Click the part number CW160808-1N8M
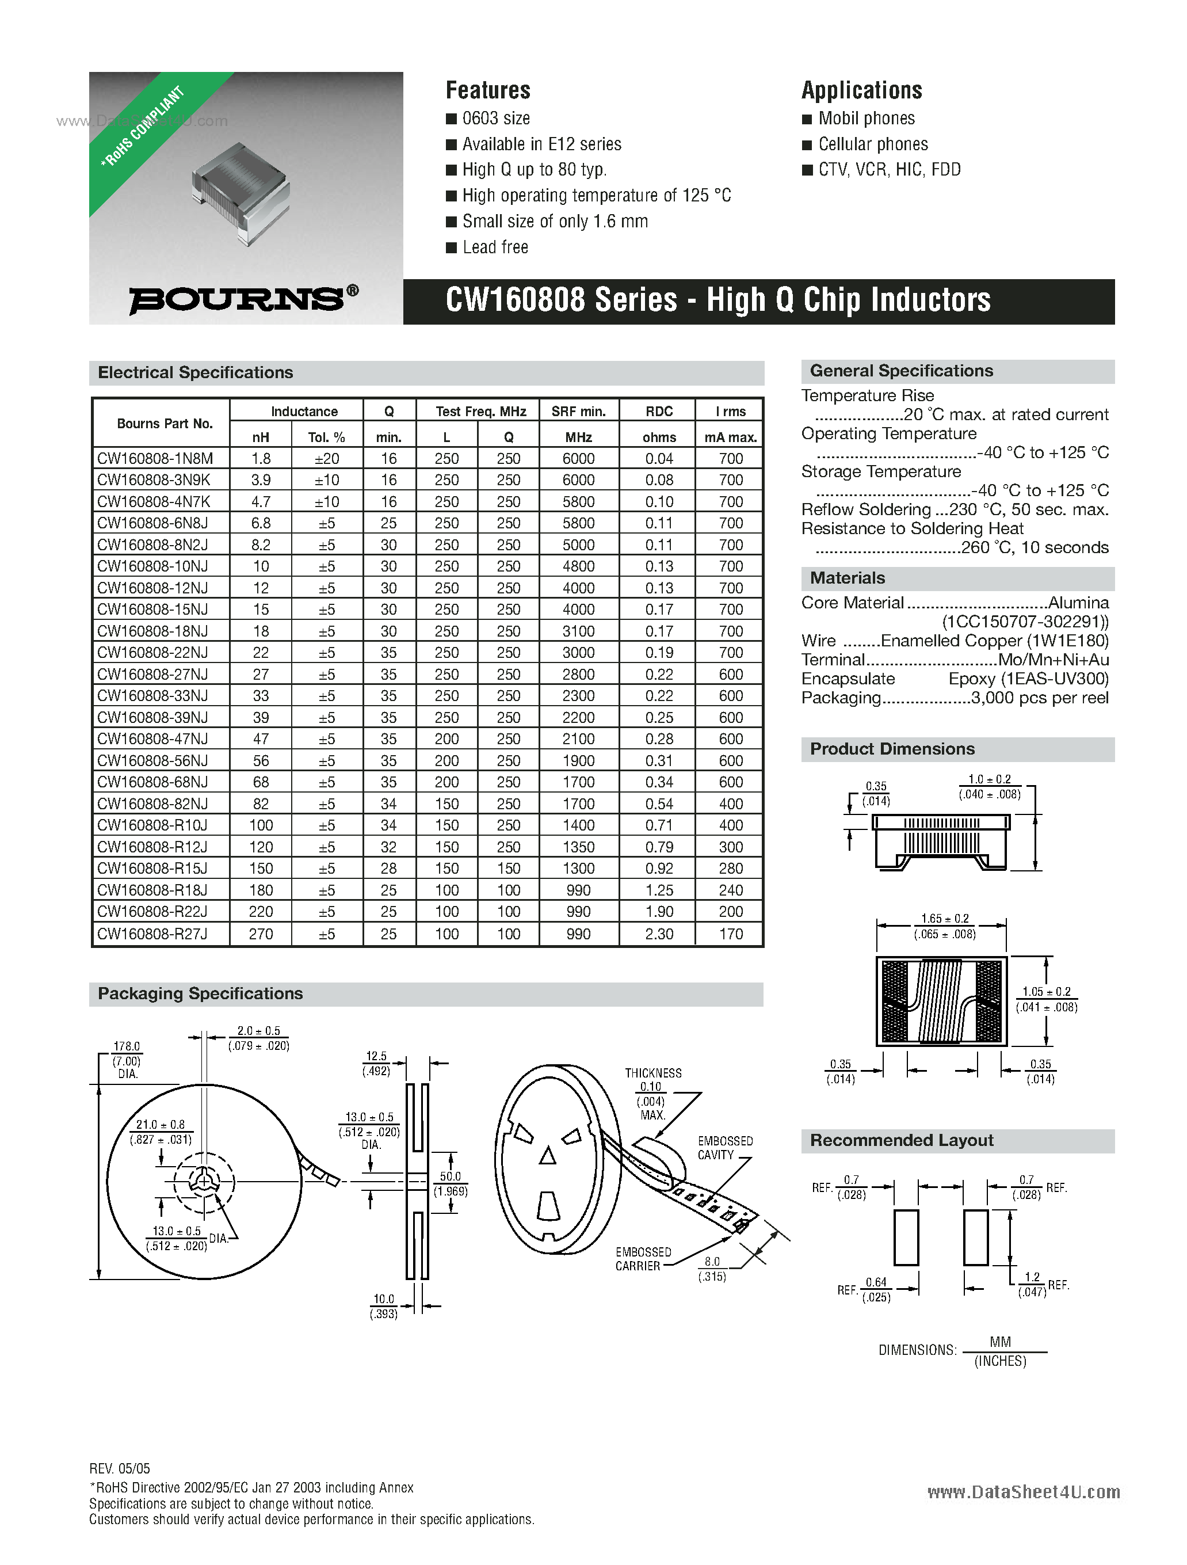click(x=155, y=459)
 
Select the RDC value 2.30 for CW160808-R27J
click(x=659, y=934)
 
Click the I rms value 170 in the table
click(x=731, y=934)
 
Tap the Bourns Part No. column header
click(x=164, y=423)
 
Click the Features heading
click(x=487, y=90)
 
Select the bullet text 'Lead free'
click(x=495, y=247)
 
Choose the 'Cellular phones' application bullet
click(x=873, y=144)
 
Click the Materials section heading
click(x=847, y=578)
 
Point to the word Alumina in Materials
click(x=1078, y=603)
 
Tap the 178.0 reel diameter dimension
click(x=127, y=1046)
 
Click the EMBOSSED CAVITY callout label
click(x=724, y=1148)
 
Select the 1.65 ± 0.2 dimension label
click(x=944, y=919)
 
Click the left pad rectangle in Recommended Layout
click(x=906, y=1237)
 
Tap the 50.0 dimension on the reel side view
click(x=451, y=1176)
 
